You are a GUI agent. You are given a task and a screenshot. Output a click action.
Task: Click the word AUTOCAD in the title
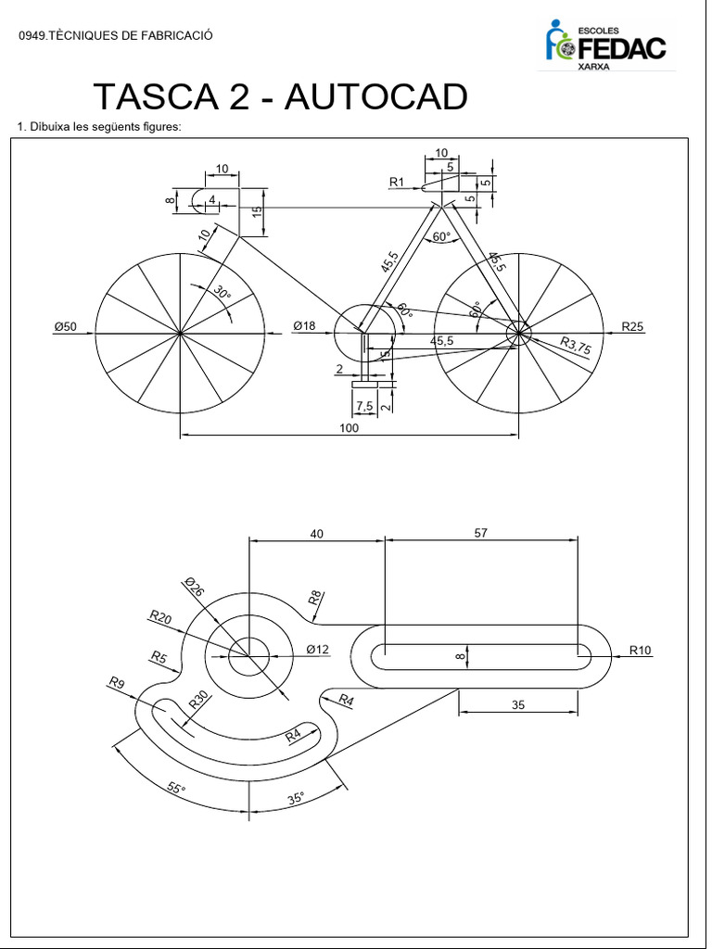[x=375, y=97]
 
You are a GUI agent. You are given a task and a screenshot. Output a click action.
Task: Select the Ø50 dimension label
[x=66, y=326]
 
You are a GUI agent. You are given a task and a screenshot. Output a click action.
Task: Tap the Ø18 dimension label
[x=304, y=326]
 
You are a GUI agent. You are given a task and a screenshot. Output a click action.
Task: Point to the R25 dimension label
[x=633, y=326]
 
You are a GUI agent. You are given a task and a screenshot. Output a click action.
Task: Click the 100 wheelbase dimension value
[x=349, y=428]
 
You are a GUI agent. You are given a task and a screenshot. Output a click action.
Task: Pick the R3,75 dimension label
[x=575, y=346]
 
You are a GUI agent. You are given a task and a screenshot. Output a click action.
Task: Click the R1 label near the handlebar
[x=397, y=183]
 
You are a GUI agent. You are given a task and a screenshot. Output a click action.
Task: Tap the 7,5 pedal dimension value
[x=363, y=406]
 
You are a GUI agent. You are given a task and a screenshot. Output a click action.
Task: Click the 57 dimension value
[x=480, y=533]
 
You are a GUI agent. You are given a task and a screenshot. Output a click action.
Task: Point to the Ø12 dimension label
[x=318, y=650]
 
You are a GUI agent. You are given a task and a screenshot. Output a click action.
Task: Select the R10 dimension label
[x=641, y=650]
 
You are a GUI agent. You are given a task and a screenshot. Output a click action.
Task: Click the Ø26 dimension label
[x=195, y=587]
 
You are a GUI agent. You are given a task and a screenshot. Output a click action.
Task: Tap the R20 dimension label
[x=160, y=617]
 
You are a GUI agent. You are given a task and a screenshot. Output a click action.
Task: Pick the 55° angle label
[x=176, y=789]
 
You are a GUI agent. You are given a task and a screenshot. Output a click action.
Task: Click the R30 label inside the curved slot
[x=199, y=700]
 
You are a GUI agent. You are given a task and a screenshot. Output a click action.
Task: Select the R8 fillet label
[x=315, y=598]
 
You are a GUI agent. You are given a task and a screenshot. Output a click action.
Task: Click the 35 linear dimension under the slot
[x=518, y=705]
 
